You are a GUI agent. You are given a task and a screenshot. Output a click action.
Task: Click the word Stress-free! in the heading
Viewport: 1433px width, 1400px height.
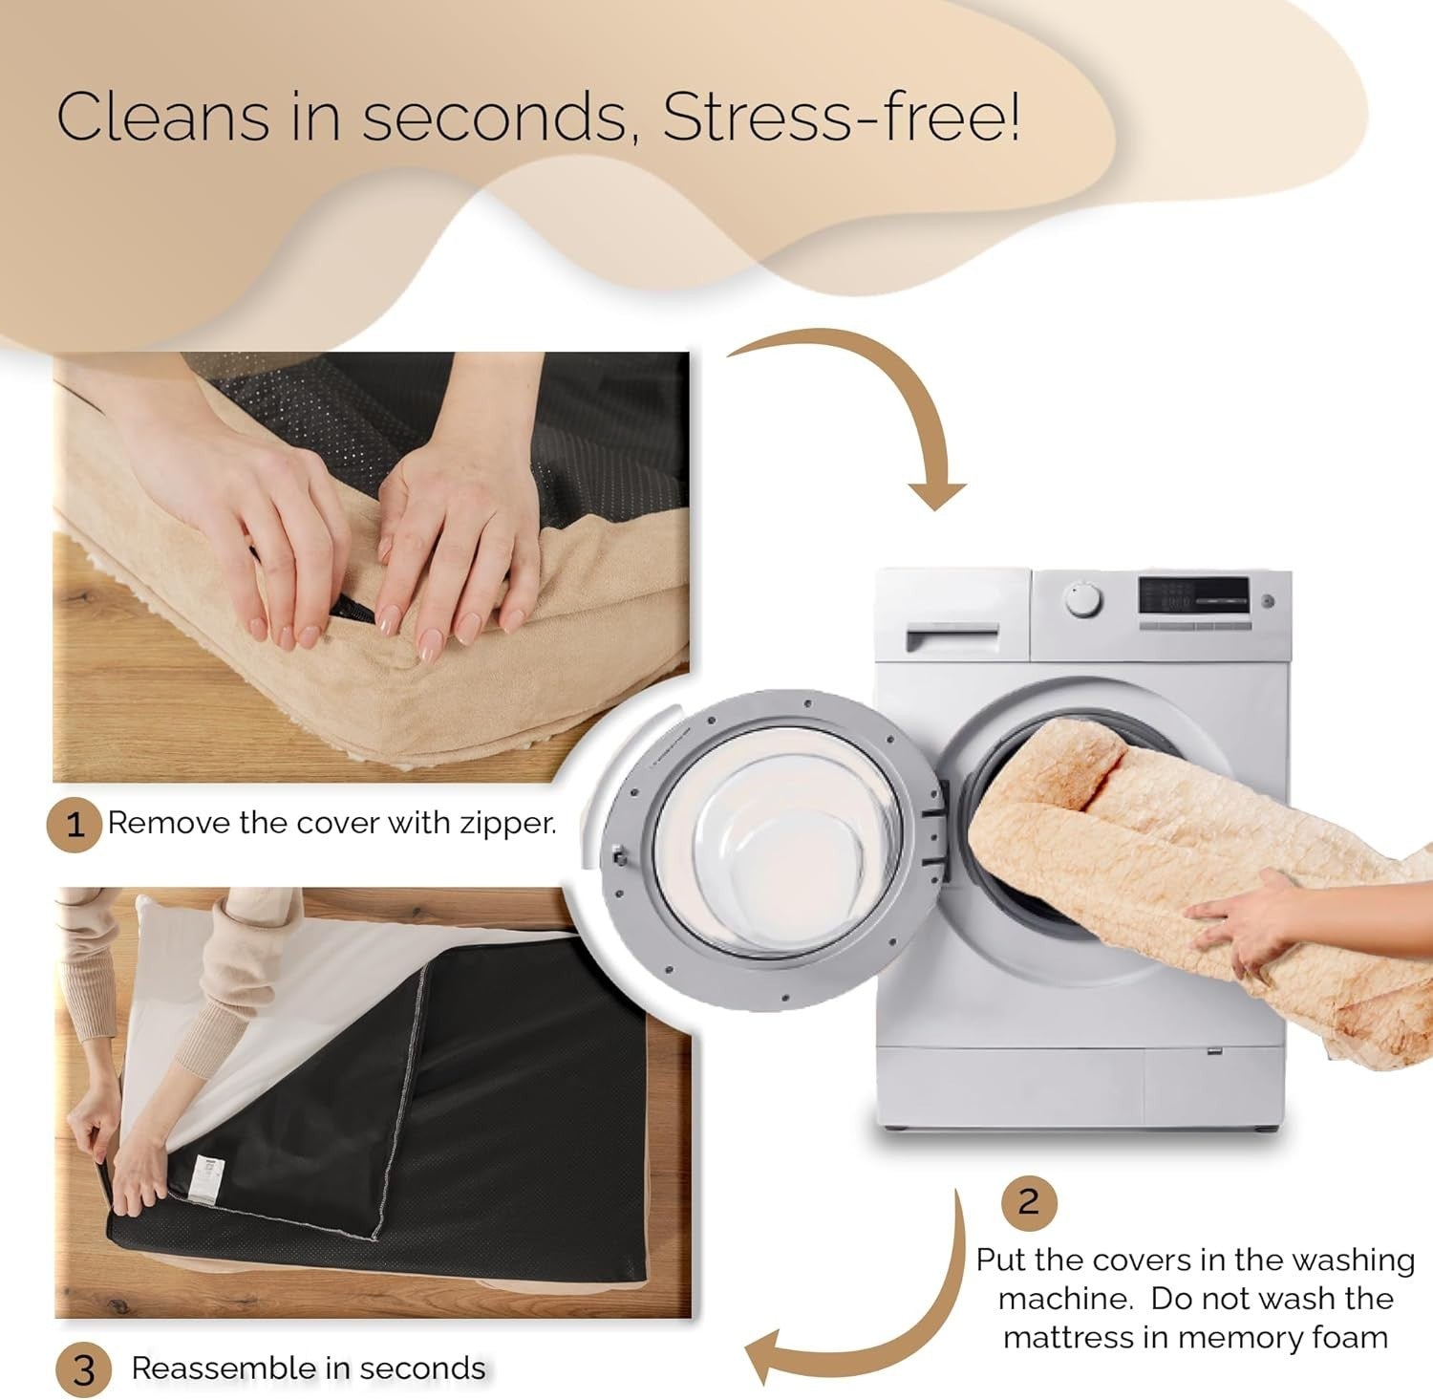(842, 117)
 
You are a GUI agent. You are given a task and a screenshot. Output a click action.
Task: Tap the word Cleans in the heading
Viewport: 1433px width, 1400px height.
(163, 117)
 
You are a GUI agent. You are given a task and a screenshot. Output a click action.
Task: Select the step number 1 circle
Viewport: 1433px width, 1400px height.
(75, 825)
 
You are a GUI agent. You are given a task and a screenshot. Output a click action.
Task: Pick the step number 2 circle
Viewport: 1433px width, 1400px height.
(1028, 1201)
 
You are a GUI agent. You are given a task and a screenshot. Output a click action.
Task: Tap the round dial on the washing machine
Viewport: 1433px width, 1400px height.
(1083, 600)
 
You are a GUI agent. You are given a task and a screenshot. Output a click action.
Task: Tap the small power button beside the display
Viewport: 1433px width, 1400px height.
(1268, 601)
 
